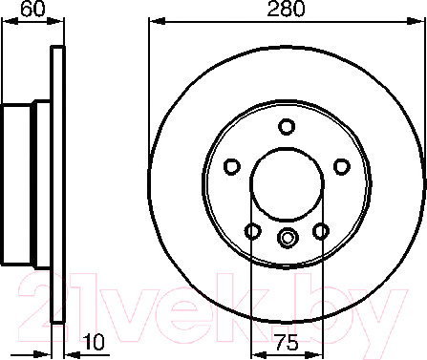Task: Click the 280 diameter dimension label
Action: pos(287,10)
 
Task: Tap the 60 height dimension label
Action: pos(32,10)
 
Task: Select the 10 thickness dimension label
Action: pos(94,342)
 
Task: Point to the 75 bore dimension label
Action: pos(287,342)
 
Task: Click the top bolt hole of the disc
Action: pos(287,126)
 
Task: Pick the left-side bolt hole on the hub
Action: pos(232,166)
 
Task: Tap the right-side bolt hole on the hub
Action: pos(342,166)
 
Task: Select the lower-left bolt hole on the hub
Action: pos(253,231)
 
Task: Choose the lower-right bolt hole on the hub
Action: pos(321,231)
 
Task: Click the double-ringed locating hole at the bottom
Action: pos(288,238)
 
